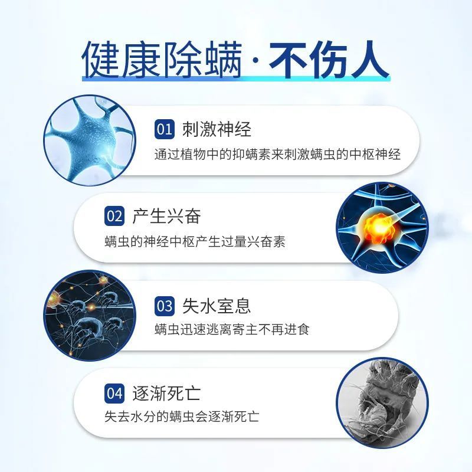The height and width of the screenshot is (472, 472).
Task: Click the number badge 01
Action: pos(165,129)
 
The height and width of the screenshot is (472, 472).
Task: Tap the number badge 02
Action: pos(114,216)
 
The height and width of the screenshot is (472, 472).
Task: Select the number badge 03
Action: pos(165,306)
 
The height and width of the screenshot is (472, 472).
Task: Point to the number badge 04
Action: pos(114,393)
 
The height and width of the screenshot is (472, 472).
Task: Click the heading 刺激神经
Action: pos(217,129)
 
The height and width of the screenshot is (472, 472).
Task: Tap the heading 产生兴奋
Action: pos(166,216)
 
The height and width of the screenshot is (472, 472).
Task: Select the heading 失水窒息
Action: pos(217,306)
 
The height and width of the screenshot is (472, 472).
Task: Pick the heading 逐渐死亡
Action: pos(166,393)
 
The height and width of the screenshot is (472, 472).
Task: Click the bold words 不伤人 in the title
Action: pos(329,60)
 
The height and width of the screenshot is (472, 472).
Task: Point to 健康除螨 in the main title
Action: pos(162,60)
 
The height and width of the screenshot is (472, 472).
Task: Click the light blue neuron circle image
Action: pos(90,140)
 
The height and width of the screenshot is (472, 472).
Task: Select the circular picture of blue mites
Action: pos(90,316)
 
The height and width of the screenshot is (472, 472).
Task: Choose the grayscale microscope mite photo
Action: pos(382,403)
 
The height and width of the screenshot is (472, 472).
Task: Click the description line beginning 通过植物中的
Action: pos(277,155)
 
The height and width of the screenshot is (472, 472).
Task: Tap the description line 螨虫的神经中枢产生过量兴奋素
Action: pos(195,241)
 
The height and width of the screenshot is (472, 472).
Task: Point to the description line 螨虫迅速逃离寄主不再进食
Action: pos(232,329)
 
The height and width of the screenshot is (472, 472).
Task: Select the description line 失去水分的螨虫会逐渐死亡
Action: pos(182,417)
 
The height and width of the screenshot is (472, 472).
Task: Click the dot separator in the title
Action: pos(255,61)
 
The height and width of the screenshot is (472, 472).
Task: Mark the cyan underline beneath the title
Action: pos(237,78)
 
